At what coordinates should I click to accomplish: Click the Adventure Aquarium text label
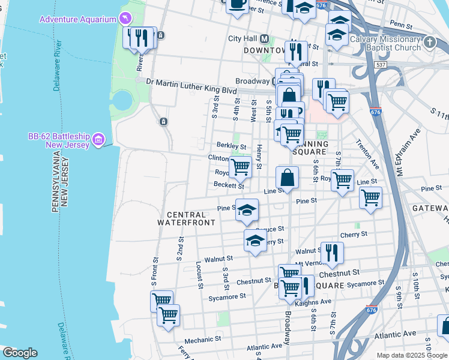[77, 19]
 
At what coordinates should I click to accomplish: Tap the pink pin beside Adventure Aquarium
[125, 19]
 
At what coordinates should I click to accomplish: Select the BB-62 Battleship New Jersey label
[58, 140]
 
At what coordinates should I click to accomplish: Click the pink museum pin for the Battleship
[99, 140]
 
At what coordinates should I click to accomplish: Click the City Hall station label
[243, 38]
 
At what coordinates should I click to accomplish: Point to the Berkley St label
[231, 146]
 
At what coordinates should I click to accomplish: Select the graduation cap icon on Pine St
[247, 210]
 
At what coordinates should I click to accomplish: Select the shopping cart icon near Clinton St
[240, 166]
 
